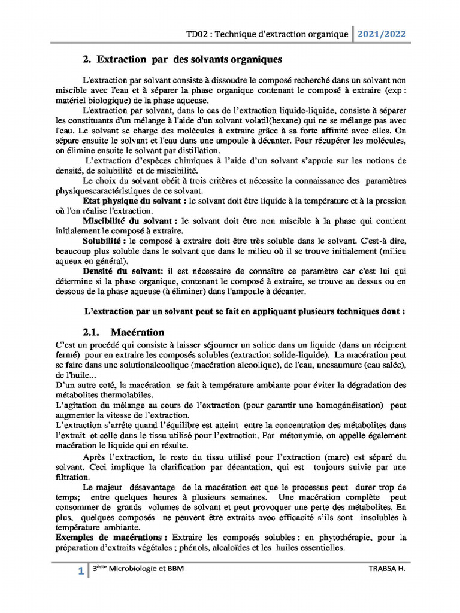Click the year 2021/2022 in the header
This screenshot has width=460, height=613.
point(382,34)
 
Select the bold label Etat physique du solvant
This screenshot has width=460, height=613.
point(134,201)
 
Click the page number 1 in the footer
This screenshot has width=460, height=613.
point(81,572)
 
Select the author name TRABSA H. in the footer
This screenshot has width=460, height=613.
point(386,569)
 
